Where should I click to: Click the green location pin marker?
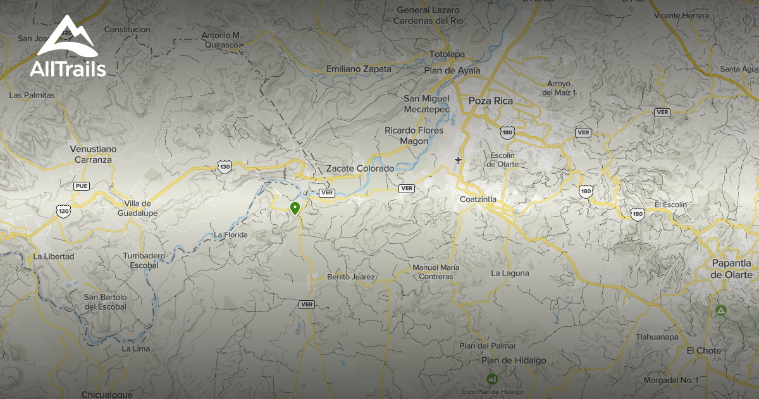pos(295,208)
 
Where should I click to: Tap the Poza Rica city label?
pos(490,101)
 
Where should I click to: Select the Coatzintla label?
pos(478,199)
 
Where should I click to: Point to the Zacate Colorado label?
pos(360,168)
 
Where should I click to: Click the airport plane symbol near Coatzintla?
pos(458,160)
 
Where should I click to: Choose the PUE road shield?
pos(81,186)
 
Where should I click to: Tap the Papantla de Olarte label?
pos(731,269)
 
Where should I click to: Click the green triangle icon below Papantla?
pos(720,311)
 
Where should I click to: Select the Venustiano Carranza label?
pos(93,154)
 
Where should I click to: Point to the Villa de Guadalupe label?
pos(137,208)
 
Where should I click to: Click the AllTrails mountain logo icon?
pos(66,38)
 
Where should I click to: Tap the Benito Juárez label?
pos(351,277)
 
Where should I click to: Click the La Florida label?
pos(230,235)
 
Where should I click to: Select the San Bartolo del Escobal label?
pos(106,301)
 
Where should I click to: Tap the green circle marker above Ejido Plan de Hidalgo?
pos(492,379)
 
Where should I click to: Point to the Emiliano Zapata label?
pos(359,69)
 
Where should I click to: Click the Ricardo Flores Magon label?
pos(414,136)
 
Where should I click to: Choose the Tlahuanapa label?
pos(657,337)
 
